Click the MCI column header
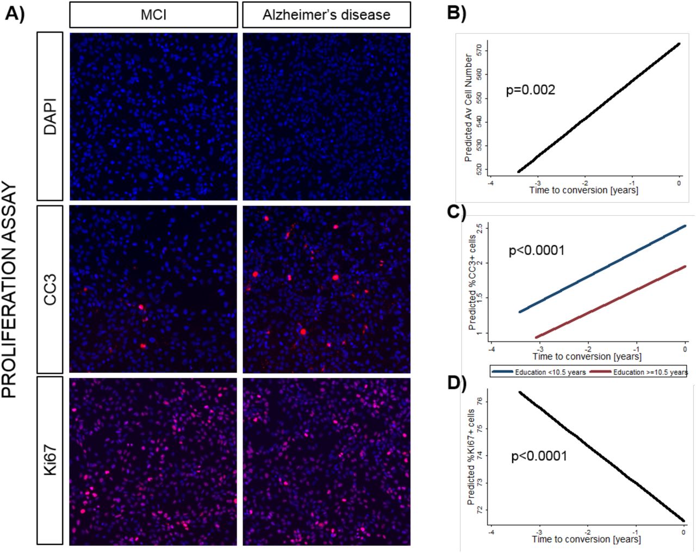[x=153, y=15]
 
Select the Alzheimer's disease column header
[x=326, y=15]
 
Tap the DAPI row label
[x=50, y=116]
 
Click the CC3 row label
[x=50, y=289]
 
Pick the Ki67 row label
[x=50, y=461]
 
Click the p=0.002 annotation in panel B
[x=530, y=90]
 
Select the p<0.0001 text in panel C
[x=536, y=251]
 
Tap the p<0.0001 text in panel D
[x=539, y=456]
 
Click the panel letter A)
[x=15, y=13]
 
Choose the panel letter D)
[x=456, y=383]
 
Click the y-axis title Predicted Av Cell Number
[x=468, y=108]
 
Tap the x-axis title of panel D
[x=586, y=539]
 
